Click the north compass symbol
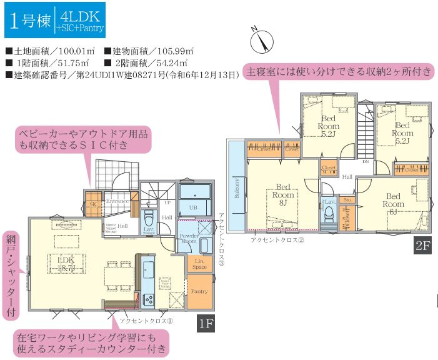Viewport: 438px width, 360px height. (x=262, y=41)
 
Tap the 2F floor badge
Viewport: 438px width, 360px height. (x=422, y=246)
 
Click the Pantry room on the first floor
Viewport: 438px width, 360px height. (x=199, y=292)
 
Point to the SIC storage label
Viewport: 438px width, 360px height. (x=93, y=203)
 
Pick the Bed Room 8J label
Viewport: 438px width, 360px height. (x=282, y=194)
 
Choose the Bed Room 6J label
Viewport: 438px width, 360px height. (x=394, y=204)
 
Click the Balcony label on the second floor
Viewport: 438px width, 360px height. (x=237, y=186)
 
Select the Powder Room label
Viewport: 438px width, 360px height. (x=189, y=241)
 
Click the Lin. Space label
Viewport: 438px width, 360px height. (x=199, y=263)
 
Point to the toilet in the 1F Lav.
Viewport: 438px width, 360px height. (x=149, y=219)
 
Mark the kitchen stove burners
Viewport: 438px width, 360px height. (x=150, y=299)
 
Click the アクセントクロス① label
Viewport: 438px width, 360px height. (x=149, y=319)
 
